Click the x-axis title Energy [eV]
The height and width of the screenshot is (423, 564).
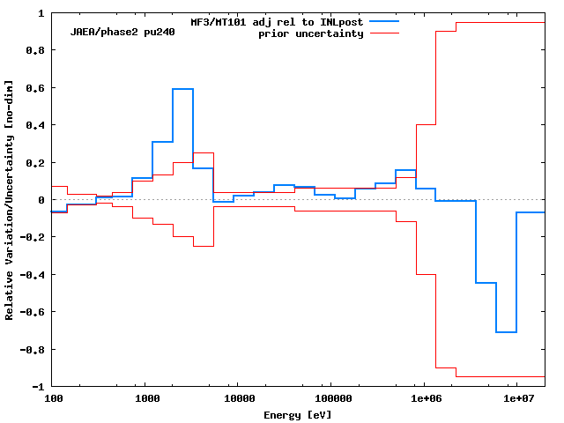coord(298,414)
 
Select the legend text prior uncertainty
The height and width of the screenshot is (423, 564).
coord(310,33)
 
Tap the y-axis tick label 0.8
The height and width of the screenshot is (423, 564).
coord(35,51)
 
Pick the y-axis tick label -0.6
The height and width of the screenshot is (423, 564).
coord(33,312)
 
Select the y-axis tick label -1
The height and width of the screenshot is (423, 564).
coord(38,387)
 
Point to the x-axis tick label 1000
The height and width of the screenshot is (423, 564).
coord(147,399)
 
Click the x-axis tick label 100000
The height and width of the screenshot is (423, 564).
coord(330,399)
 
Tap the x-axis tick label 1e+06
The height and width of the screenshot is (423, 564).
coord(424,399)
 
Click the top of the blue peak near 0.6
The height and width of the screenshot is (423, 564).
coord(182,89)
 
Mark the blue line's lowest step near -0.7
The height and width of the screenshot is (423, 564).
coord(506,332)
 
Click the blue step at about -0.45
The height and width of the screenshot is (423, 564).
coord(486,283)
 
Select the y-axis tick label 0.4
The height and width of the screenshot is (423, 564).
coord(35,125)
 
